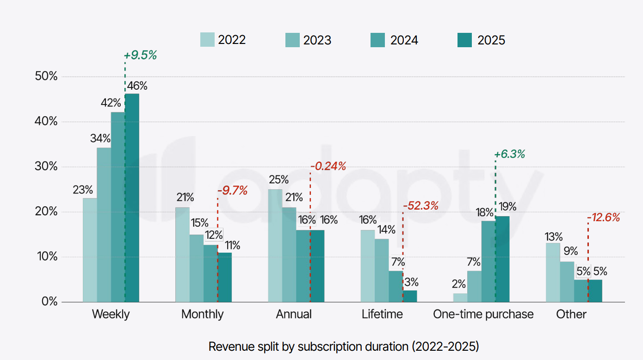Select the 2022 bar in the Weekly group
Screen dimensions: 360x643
tap(90, 250)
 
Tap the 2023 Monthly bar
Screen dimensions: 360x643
tap(197, 268)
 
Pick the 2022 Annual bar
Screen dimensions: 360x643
tap(275, 245)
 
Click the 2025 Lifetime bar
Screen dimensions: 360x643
tap(410, 296)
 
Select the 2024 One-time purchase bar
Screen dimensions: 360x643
tap(488, 261)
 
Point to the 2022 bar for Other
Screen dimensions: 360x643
tap(553, 273)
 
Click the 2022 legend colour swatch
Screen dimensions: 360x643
tap(207, 40)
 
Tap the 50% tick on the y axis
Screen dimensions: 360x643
tap(46, 77)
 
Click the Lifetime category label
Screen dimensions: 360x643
tap(382, 315)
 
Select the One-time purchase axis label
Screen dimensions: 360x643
tap(483, 315)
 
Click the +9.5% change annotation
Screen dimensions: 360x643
tap(141, 56)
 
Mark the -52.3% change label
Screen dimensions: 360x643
tap(420, 206)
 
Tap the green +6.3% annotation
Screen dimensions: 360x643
tap(510, 155)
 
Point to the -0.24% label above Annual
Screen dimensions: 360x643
tap(328, 166)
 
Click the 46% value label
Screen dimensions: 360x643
tap(138, 86)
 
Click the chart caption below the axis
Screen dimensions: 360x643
tap(344, 346)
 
